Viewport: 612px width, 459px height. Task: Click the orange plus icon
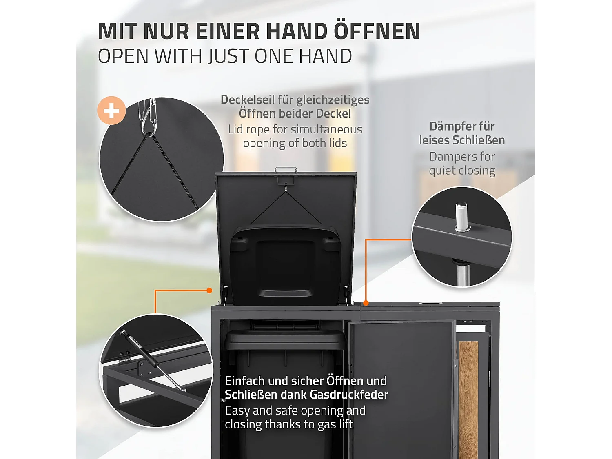pos(111,111)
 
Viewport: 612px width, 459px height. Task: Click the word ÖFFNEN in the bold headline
pos(377,31)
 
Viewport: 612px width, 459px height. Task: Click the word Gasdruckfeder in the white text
pos(349,395)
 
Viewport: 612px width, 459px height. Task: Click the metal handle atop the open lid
pos(286,170)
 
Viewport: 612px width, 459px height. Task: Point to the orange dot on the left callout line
pos(209,290)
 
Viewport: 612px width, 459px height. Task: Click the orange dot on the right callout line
pos(366,303)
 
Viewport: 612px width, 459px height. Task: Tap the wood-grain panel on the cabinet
pos(468,400)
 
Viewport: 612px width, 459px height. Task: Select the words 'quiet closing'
pos(462,171)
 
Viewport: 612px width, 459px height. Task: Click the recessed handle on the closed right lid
pos(427,303)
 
